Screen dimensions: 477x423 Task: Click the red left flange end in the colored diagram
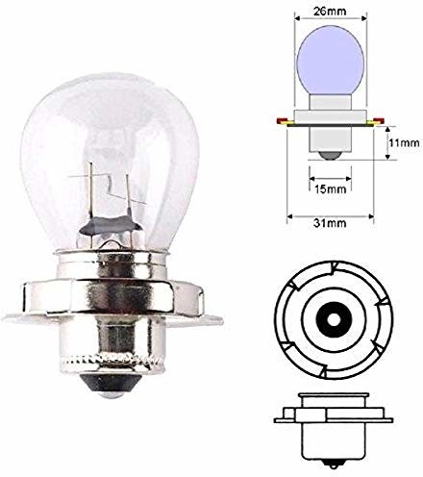coord(280,121)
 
